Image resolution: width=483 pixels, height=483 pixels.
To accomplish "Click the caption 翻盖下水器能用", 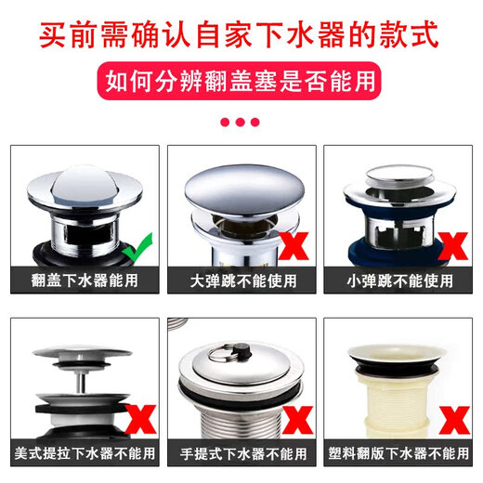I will [85, 280].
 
